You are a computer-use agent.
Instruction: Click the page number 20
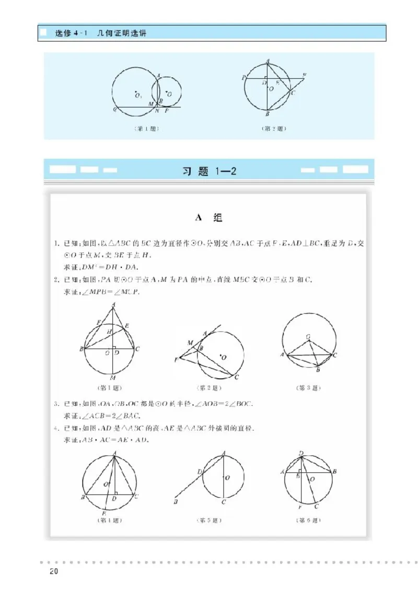point(52,571)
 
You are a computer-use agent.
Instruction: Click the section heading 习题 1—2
point(209,172)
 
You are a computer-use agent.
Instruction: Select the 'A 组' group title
point(208,218)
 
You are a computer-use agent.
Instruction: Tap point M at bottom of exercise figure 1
point(113,378)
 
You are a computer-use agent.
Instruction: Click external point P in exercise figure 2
point(176,360)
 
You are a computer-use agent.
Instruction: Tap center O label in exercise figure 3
point(309,336)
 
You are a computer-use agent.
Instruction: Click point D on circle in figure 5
point(200,472)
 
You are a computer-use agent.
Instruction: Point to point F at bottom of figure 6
point(300,508)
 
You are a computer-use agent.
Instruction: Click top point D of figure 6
point(301,452)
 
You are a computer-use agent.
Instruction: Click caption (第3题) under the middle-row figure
point(309,388)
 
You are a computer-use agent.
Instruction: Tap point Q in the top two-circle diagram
point(113,110)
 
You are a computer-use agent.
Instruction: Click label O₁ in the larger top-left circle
point(138,95)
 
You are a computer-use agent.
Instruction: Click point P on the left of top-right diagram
point(243,77)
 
